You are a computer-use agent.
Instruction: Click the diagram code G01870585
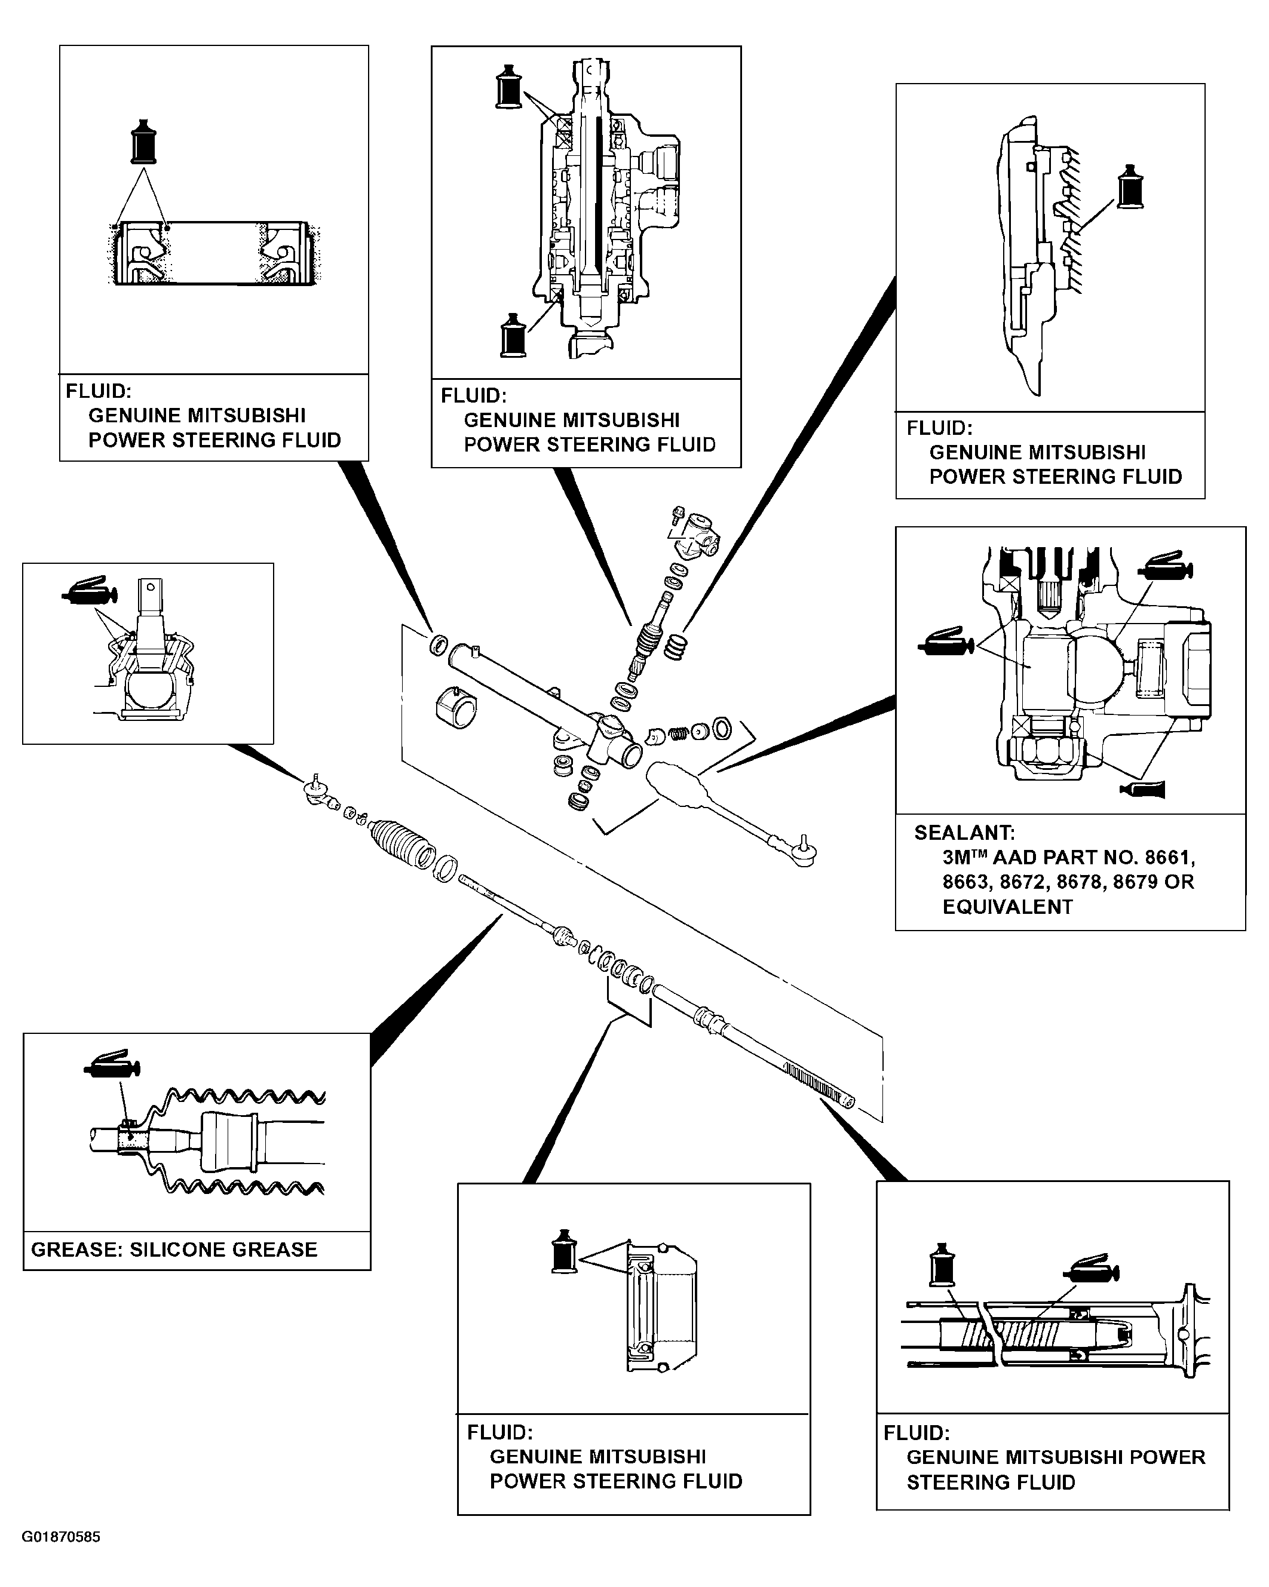tap(61, 1537)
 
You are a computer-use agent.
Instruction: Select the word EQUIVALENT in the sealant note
tap(1008, 907)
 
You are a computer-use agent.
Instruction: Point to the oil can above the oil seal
tap(143, 140)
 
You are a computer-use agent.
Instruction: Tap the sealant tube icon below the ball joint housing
tap(1142, 789)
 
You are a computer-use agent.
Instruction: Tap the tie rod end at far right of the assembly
tap(802, 850)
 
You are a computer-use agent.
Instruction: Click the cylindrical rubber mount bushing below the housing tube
tap(456, 707)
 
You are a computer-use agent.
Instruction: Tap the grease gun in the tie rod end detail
tap(89, 590)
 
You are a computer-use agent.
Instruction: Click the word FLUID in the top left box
tap(99, 391)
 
